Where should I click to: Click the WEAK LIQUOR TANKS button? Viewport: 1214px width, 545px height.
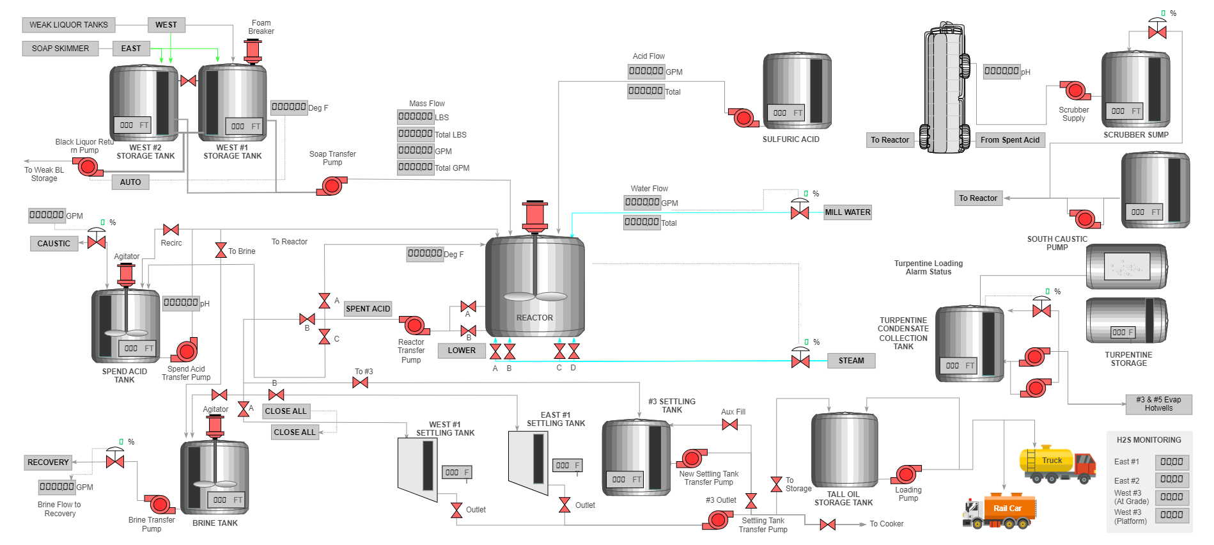coord(68,25)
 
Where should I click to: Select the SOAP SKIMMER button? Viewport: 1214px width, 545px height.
coord(60,49)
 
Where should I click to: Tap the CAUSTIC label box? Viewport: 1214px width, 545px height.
coord(54,244)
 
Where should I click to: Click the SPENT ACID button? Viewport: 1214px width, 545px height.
coord(368,309)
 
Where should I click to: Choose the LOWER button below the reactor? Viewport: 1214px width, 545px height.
coord(462,351)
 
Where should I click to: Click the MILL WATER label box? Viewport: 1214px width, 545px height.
coord(847,212)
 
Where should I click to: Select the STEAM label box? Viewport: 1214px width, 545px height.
coord(851,361)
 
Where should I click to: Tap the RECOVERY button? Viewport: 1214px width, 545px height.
coord(48,462)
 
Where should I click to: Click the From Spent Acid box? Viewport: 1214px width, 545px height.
coord(1009,140)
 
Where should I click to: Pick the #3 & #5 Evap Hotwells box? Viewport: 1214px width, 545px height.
coord(1158,404)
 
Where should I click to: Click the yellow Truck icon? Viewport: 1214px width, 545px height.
coord(1056,464)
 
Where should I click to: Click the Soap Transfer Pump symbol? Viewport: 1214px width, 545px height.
coord(332,186)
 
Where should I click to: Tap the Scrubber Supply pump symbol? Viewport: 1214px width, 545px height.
coord(1075,91)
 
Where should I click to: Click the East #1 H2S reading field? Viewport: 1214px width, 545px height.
coord(1171,462)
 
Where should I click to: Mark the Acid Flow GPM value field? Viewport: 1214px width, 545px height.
coord(646,72)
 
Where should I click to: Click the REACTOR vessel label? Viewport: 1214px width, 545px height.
coord(534,318)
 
